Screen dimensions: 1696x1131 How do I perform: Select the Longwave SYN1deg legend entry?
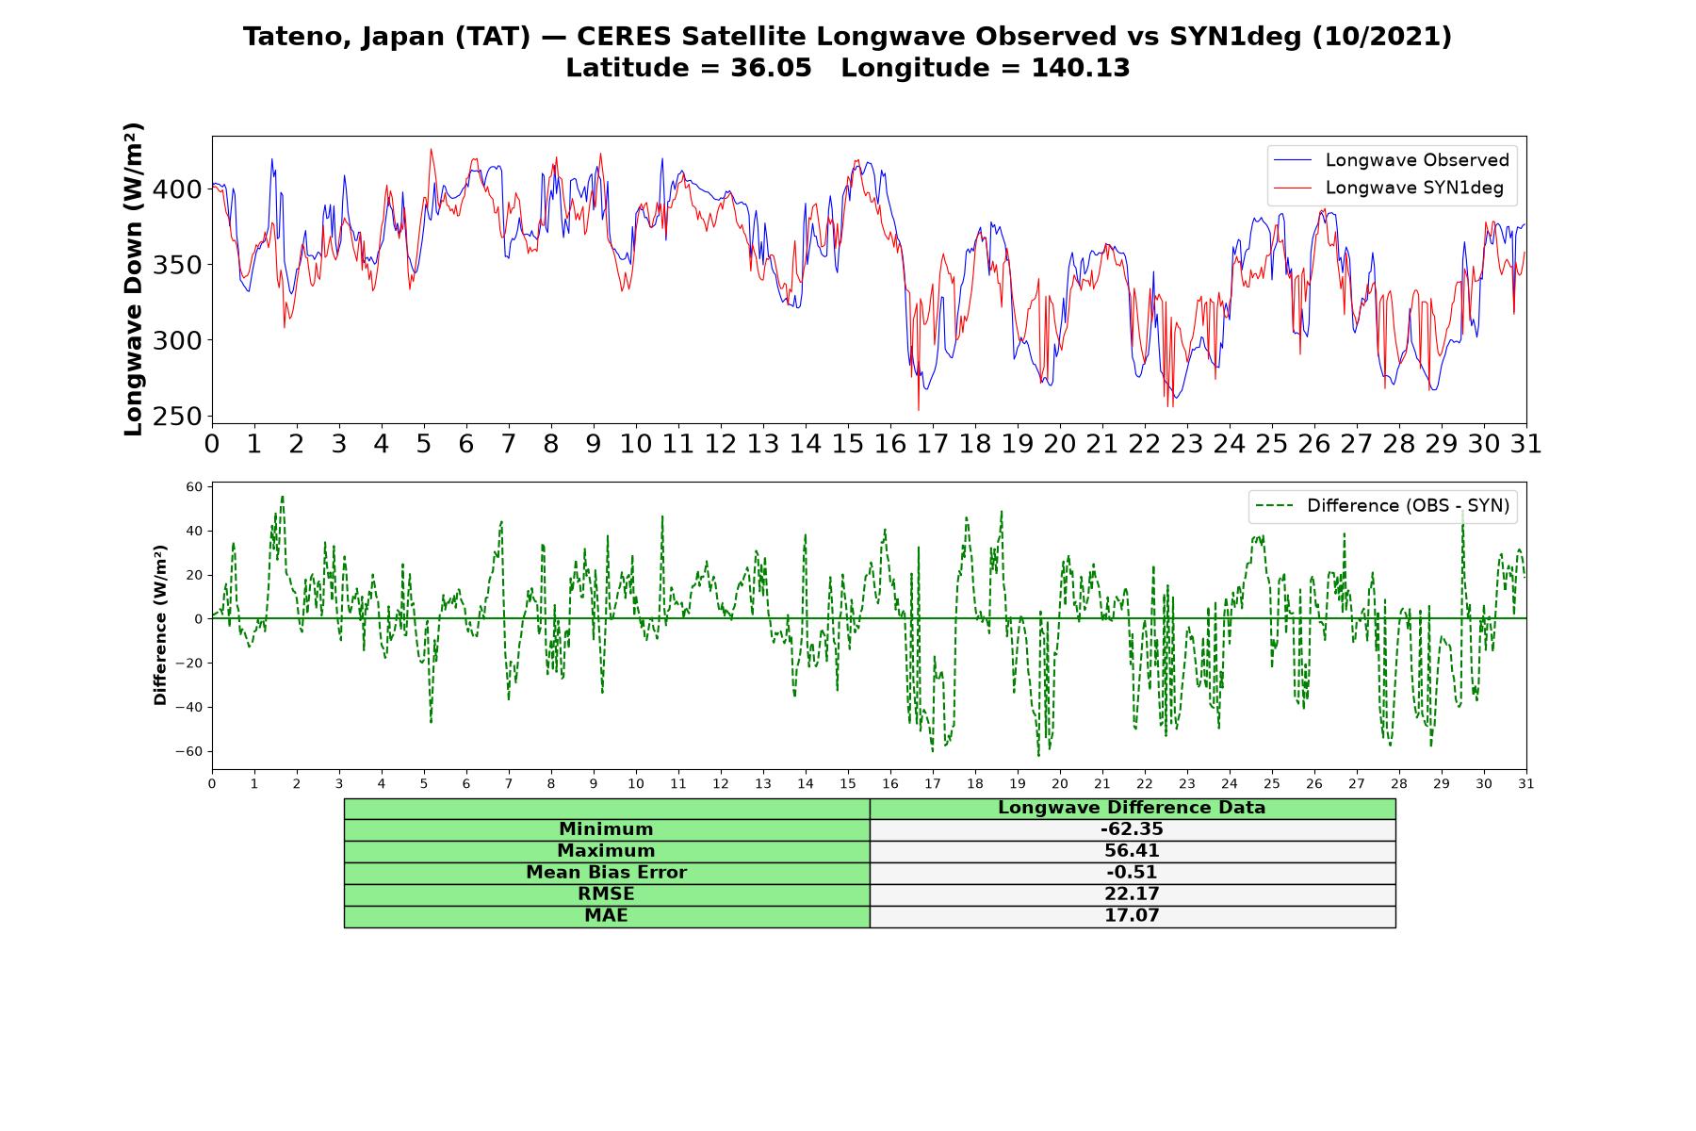(x=1388, y=188)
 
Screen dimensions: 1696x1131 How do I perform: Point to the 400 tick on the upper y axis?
(x=177, y=189)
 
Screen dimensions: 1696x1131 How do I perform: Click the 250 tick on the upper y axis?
(x=177, y=416)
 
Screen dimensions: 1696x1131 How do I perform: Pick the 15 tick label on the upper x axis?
(x=848, y=443)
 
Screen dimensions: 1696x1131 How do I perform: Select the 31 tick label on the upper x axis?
(x=1525, y=443)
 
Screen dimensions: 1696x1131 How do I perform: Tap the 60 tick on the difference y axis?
(x=194, y=486)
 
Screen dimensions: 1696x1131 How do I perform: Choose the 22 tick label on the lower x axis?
(x=1145, y=783)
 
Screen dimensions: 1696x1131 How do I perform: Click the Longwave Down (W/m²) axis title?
(x=133, y=279)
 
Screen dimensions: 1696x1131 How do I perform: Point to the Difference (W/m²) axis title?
(x=160, y=625)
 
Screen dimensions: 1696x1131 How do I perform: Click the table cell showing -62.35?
(x=1132, y=829)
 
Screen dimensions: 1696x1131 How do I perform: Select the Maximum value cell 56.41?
(x=1132, y=851)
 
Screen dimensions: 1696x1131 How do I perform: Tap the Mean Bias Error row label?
(x=606, y=873)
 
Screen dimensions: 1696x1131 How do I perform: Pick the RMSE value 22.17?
(x=1132, y=894)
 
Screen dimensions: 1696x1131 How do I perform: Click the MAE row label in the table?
(x=606, y=916)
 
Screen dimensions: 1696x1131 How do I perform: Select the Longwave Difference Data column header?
(x=1132, y=808)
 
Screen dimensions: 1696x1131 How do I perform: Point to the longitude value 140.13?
(x=1081, y=68)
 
